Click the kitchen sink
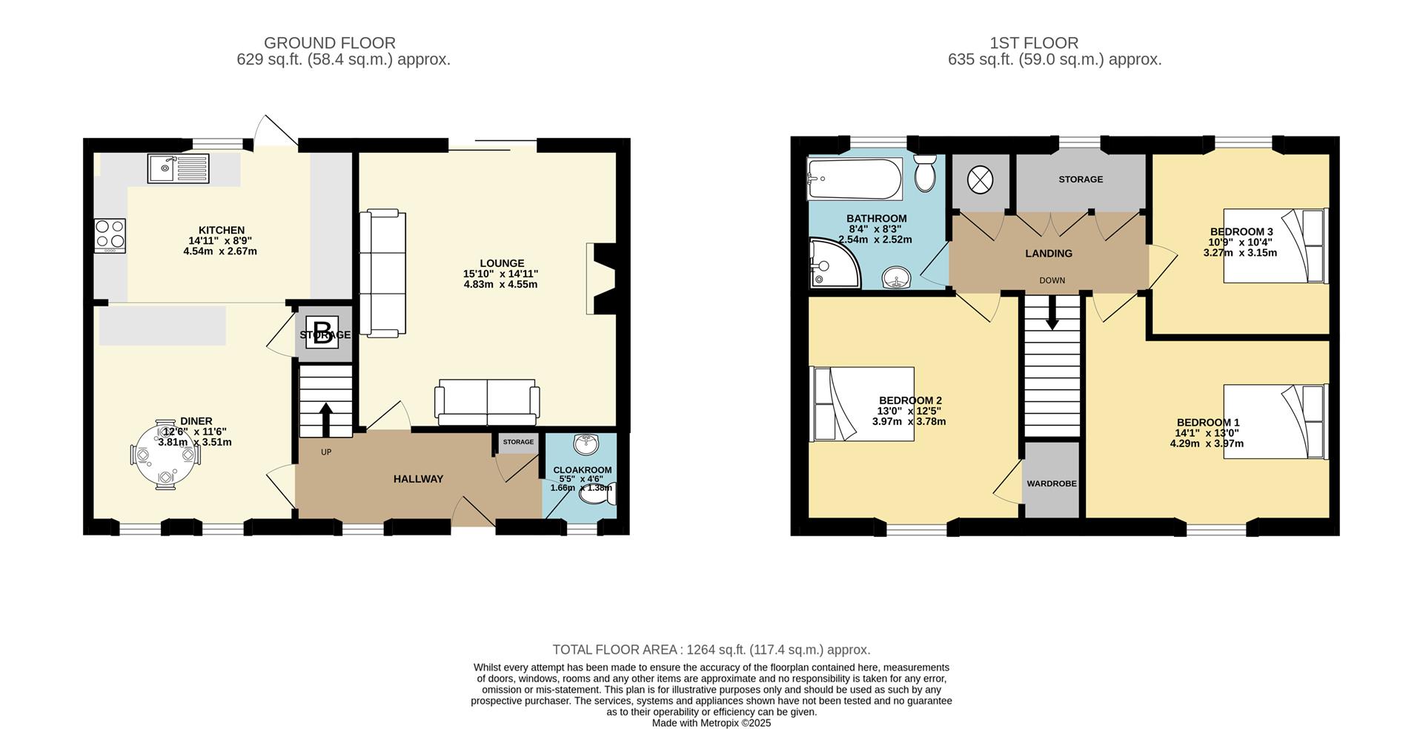pyautogui.click(x=179, y=168)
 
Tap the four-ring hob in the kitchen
pyautogui.click(x=110, y=236)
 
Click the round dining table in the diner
pyautogui.click(x=166, y=455)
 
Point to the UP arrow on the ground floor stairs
pyautogui.click(x=325, y=420)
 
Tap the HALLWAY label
pyautogui.click(x=418, y=479)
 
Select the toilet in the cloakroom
pyautogui.click(x=597, y=492)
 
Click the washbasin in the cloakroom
pyautogui.click(x=587, y=444)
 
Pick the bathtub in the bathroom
pyautogui.click(x=855, y=179)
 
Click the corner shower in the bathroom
pyautogui.click(x=835, y=263)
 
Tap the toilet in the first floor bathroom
pyautogui.click(x=926, y=173)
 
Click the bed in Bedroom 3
pyautogui.click(x=1275, y=245)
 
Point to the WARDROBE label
pyautogui.click(x=1052, y=484)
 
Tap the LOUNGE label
pyautogui.click(x=502, y=263)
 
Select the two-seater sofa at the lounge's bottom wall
pyautogui.click(x=487, y=402)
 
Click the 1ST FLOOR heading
pyautogui.click(x=1034, y=43)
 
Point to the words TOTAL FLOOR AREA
pyautogui.click(x=615, y=650)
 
